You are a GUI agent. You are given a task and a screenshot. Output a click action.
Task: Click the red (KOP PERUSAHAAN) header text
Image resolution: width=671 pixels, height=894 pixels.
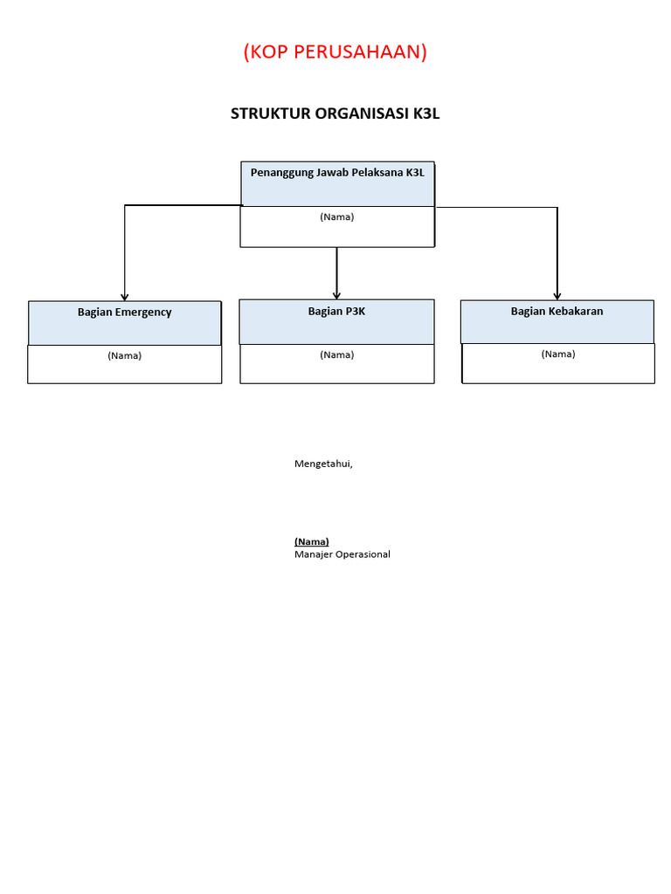(x=335, y=52)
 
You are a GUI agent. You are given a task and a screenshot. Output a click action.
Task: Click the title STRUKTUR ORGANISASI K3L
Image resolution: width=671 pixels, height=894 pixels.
(x=335, y=113)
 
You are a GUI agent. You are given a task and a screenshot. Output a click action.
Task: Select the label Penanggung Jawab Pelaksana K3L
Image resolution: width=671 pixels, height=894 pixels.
(x=337, y=173)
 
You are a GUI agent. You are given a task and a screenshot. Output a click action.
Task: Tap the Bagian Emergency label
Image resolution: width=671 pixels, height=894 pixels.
(x=124, y=313)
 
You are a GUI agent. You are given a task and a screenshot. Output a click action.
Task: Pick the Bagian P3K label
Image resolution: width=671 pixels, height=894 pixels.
(x=336, y=312)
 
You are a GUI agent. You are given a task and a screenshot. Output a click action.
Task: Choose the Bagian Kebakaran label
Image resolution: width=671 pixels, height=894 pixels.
(x=557, y=312)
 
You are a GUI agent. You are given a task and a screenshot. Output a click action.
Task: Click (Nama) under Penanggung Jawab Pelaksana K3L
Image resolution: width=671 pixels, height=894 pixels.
(x=337, y=217)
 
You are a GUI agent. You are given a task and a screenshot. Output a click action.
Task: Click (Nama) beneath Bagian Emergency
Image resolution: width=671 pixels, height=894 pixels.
(x=124, y=356)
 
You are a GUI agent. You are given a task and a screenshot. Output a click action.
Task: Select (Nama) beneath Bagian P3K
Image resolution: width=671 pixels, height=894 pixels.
(x=336, y=355)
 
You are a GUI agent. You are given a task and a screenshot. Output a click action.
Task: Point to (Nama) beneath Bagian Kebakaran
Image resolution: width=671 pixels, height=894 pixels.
(x=557, y=354)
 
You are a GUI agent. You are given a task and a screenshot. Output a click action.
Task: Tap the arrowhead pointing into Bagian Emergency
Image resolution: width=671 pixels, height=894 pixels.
(x=125, y=297)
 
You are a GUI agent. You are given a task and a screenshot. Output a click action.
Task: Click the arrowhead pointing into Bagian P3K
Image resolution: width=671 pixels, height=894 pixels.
(x=336, y=295)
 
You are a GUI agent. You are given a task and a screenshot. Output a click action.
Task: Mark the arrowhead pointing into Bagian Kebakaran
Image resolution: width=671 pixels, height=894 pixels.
(x=557, y=295)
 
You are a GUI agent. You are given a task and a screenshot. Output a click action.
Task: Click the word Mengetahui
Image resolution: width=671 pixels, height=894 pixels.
(x=323, y=464)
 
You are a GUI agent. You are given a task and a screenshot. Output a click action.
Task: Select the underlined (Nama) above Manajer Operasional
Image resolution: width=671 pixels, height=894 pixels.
(x=312, y=542)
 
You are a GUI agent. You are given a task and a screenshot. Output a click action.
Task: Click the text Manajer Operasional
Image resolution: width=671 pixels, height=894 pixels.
(x=342, y=554)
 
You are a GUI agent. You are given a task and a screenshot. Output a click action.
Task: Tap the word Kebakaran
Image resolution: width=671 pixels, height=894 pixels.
(x=574, y=312)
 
